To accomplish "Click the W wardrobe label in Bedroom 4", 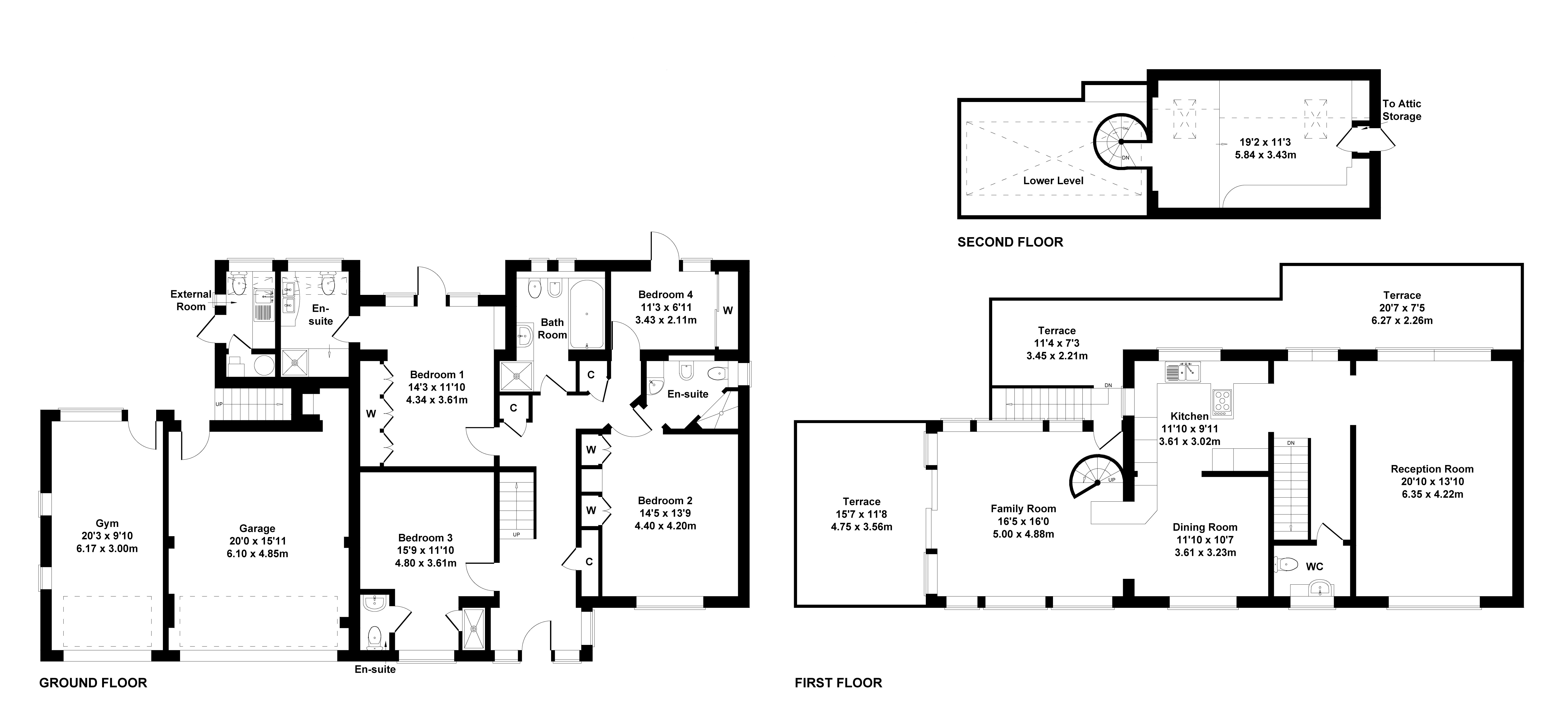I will pyautogui.click(x=727, y=310).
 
